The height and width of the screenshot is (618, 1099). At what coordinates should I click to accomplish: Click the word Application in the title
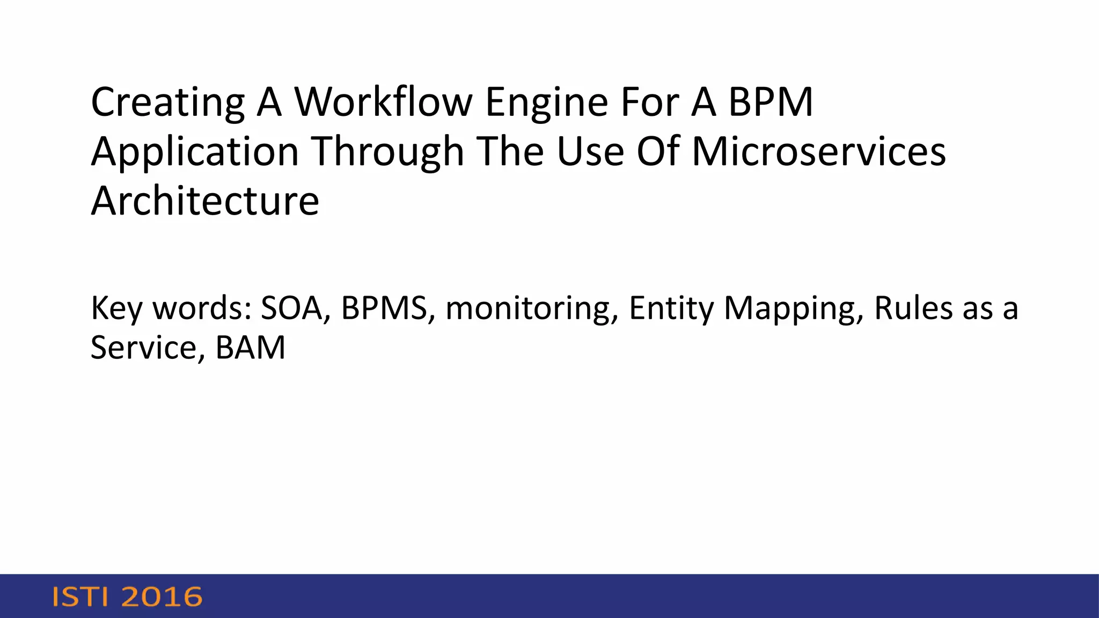click(194, 152)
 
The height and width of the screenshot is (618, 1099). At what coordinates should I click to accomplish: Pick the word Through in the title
click(387, 152)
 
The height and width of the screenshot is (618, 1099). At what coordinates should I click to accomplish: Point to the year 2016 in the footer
click(162, 597)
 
